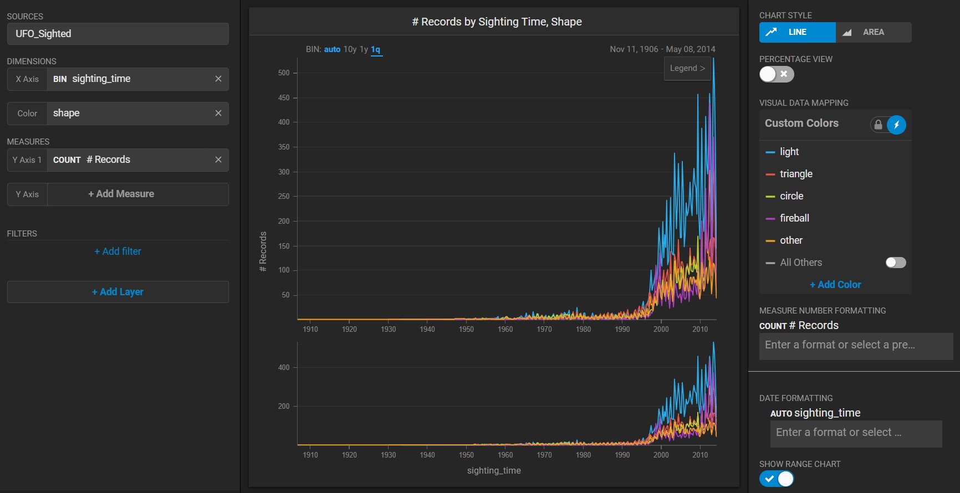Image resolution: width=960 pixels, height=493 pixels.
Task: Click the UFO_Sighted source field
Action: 118,34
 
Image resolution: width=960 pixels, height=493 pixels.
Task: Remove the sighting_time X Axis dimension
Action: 218,79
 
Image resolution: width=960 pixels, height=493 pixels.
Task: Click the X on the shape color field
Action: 218,113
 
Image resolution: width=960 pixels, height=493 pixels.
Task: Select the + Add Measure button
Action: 121,194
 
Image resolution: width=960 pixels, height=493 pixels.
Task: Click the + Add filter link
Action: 118,251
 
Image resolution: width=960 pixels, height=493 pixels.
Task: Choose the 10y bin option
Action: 350,49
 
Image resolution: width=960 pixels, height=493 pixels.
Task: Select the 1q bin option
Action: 376,49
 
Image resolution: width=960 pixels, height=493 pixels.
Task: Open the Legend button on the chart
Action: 687,68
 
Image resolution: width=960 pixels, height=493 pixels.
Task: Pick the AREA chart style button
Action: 873,32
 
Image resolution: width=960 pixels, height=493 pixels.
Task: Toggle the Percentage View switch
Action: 777,74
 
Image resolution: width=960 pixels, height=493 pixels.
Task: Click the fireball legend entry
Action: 794,218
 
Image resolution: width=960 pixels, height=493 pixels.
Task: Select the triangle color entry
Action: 796,174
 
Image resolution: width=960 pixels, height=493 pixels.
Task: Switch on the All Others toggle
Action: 896,263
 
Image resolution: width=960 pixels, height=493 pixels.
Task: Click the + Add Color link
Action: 835,285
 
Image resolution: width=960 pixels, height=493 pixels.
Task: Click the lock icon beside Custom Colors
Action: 878,125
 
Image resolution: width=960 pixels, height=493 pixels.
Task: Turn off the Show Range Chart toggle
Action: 777,479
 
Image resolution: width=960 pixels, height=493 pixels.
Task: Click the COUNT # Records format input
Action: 856,345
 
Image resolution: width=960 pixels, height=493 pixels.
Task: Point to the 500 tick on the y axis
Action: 284,73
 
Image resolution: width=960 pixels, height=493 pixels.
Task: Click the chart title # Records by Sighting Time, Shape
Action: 497,22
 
